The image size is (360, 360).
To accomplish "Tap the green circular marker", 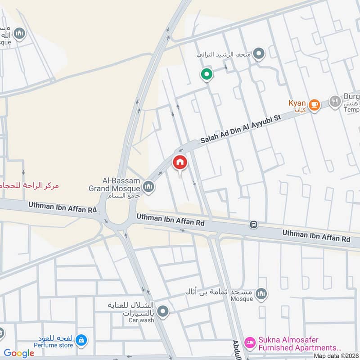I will coord(206,74).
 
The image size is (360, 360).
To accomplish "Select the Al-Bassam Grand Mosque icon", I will coord(148,186).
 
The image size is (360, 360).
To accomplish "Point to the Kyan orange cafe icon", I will coord(314,105).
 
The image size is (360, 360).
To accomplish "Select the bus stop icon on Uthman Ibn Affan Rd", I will coord(253,224).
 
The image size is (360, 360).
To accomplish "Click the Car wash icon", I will coord(163,311).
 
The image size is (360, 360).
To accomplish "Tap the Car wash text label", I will coord(141,320).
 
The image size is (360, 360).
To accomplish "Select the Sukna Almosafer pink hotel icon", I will coord(249,343).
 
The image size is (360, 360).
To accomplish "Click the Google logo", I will coord(19,353).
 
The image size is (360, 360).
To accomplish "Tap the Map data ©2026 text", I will coord(336,355).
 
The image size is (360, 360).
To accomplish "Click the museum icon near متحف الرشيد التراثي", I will coord(258,55).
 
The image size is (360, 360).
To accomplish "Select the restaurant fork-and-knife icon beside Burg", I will coord(334,101).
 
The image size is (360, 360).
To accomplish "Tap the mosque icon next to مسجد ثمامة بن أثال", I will coord(261,294).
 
